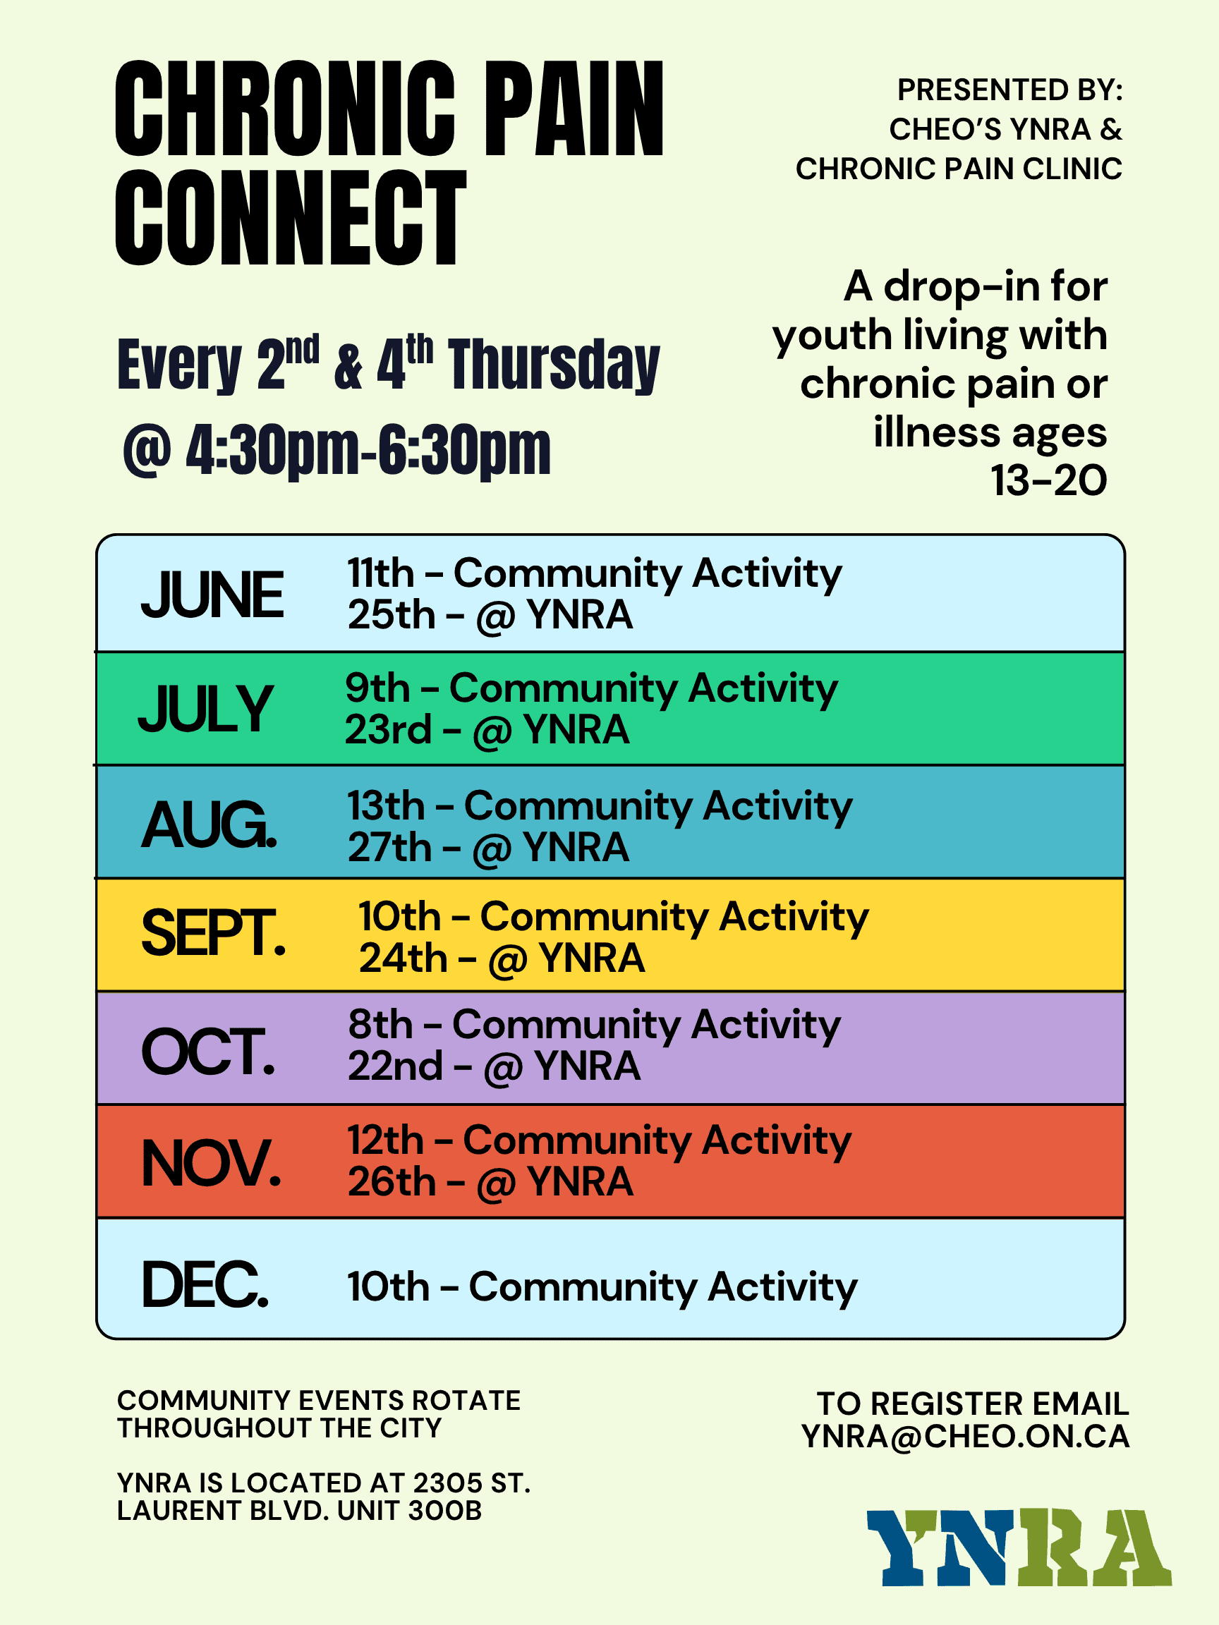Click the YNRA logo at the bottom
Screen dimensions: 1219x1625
pyautogui.click(x=1019, y=1548)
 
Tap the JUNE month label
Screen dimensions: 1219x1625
pyautogui.click(x=212, y=595)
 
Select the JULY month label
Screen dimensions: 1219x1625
pyautogui.click(x=206, y=708)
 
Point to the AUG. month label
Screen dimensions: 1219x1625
pyautogui.click(x=210, y=824)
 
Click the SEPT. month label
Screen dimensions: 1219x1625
pyautogui.click(x=213, y=932)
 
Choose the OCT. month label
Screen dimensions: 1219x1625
pyautogui.click(x=208, y=1052)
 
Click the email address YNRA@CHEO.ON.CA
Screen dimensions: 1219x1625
pyautogui.click(x=966, y=1437)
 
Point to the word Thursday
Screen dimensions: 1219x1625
pyautogui.click(x=554, y=365)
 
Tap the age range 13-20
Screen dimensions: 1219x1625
pyautogui.click(x=1048, y=480)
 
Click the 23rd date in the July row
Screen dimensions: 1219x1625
pyautogui.click(x=389, y=729)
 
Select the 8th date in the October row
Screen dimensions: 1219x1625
pyautogui.click(x=381, y=1024)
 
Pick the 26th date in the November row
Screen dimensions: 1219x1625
pyautogui.click(x=392, y=1182)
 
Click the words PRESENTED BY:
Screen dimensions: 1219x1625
pyautogui.click(x=1010, y=90)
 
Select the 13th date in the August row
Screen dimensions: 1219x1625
pyautogui.click(x=387, y=806)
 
